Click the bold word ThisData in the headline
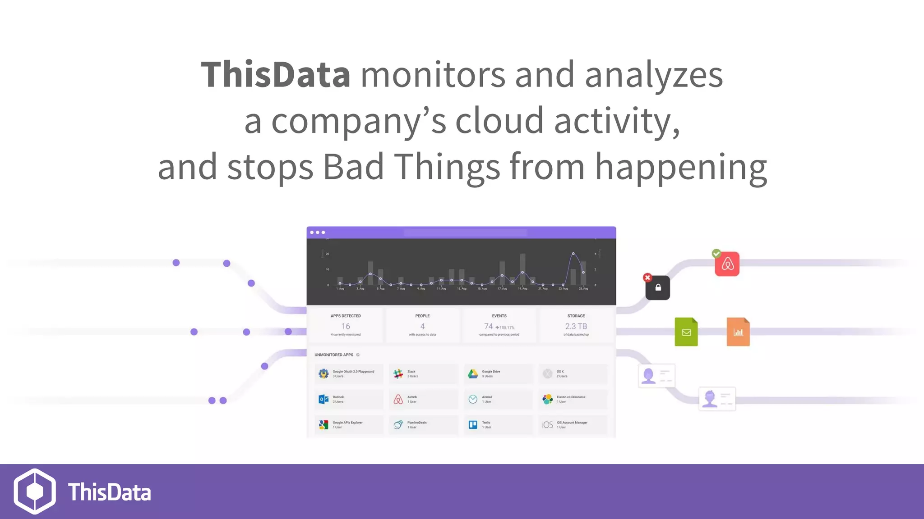click(275, 74)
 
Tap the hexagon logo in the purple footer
click(35, 491)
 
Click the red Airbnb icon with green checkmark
click(727, 264)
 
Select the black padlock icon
click(658, 288)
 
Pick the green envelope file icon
click(686, 332)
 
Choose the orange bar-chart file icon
click(738, 332)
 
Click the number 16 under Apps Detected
click(346, 326)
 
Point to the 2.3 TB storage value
click(576, 326)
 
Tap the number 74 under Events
click(489, 326)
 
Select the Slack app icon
click(398, 373)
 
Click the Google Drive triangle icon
click(473, 373)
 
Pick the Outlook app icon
click(323, 399)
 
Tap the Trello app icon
click(473, 425)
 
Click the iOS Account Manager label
click(572, 423)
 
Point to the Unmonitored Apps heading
click(334, 355)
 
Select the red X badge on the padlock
click(647, 278)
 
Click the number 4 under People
click(422, 326)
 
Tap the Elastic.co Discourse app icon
click(547, 399)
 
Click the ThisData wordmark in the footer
click(110, 492)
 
